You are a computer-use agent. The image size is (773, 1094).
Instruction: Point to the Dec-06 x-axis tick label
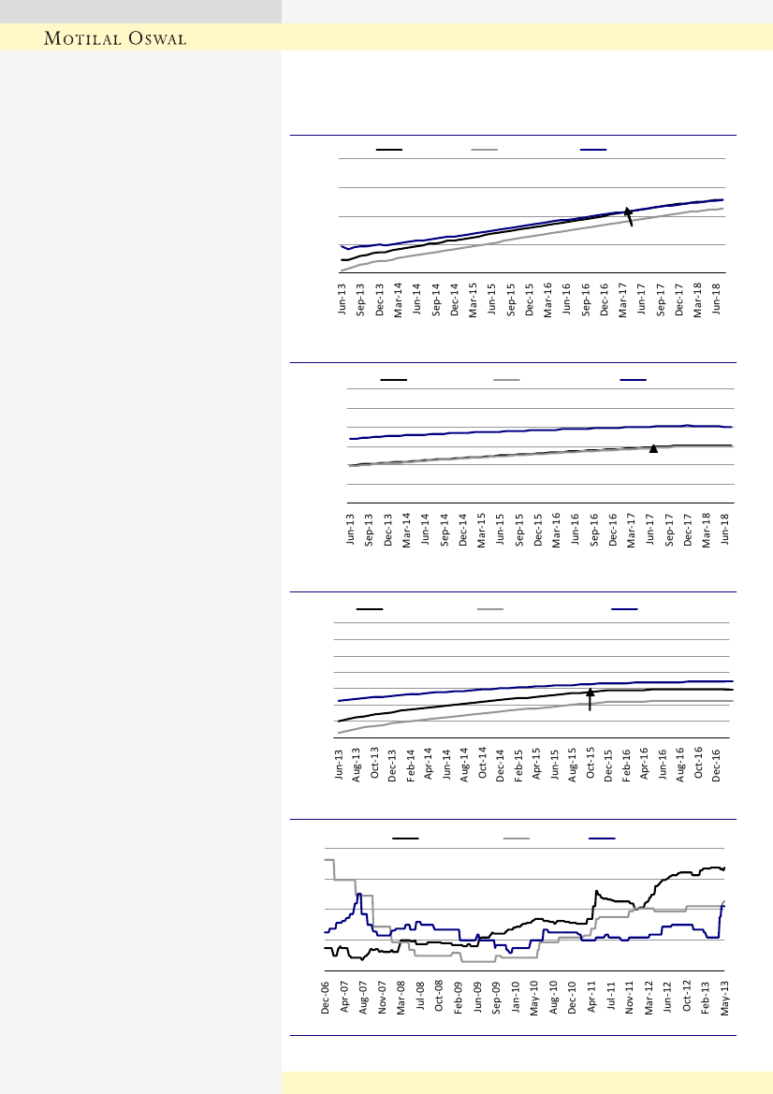pyautogui.click(x=326, y=1000)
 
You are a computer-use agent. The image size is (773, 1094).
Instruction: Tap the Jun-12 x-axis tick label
pyautogui.click(x=668, y=1000)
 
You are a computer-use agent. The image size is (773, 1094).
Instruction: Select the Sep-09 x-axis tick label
pyautogui.click(x=497, y=1000)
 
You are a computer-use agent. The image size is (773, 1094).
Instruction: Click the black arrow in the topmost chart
pyautogui.click(x=630, y=217)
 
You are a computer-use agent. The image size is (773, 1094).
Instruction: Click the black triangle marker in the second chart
pyautogui.click(x=654, y=449)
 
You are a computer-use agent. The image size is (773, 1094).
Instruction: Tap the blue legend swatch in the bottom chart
pyautogui.click(x=601, y=838)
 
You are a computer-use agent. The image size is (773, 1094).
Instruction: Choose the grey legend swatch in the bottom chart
pyautogui.click(x=517, y=838)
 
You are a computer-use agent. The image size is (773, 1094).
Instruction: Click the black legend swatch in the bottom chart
pyautogui.click(x=405, y=838)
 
